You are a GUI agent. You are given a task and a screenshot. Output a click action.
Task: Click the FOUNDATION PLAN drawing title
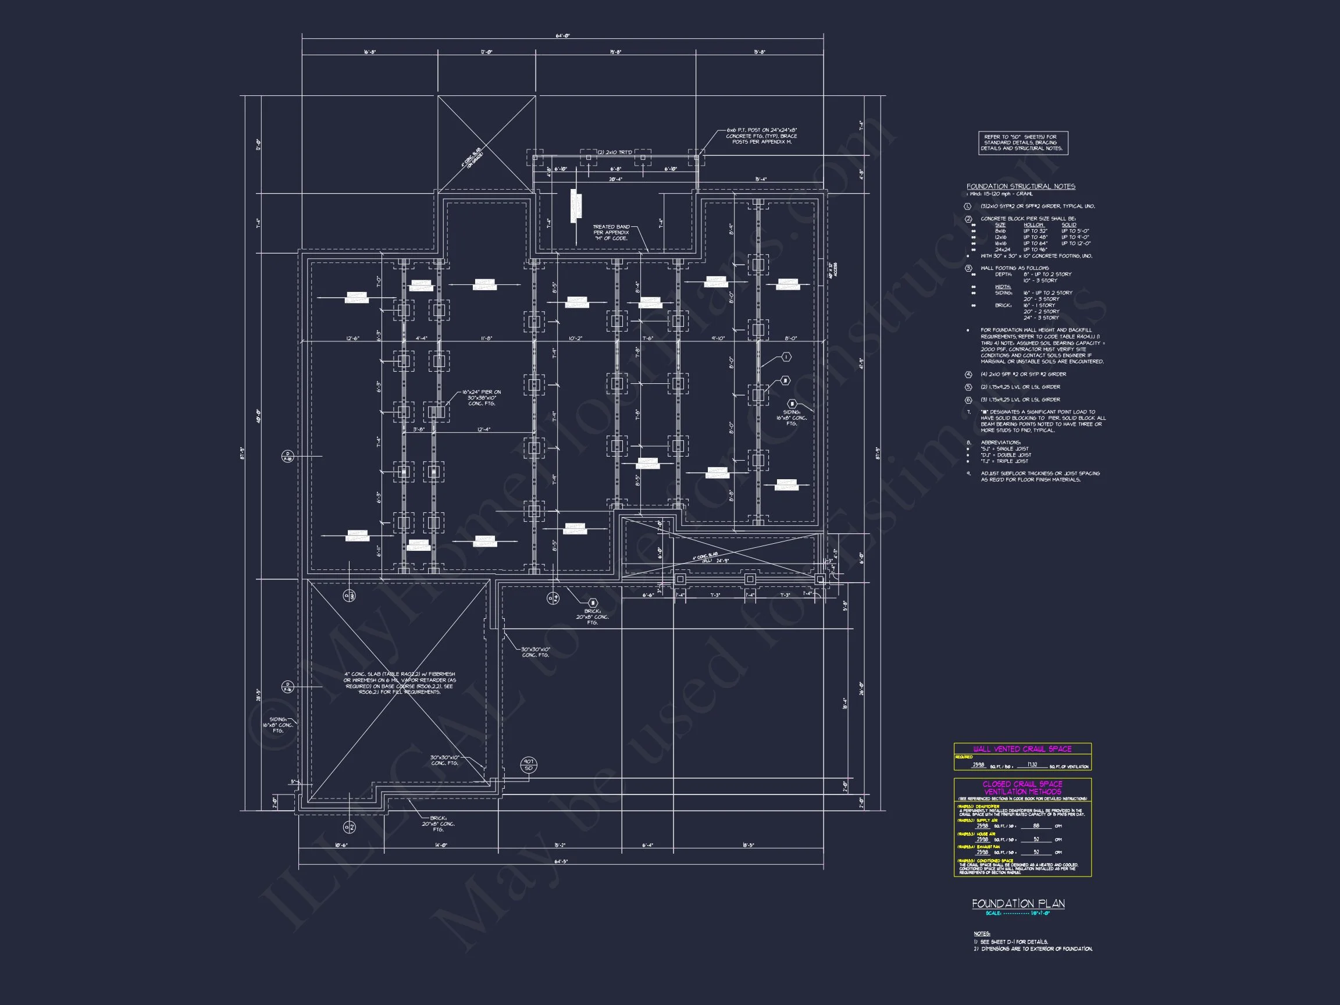[x=1018, y=903]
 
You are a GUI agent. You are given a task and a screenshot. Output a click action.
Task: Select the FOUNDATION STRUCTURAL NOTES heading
[x=1021, y=187]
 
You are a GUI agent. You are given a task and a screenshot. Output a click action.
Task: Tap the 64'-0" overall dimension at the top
[x=562, y=36]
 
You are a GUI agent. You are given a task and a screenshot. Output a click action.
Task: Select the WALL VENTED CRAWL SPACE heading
[x=1022, y=749]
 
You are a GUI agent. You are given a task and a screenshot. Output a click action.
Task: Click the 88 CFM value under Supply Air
[x=1036, y=826]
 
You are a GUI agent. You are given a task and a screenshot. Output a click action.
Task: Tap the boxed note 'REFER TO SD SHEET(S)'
[x=1022, y=143]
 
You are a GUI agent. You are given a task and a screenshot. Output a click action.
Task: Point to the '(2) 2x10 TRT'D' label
[x=614, y=152]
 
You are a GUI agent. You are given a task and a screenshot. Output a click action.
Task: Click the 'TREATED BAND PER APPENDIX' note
[x=611, y=233]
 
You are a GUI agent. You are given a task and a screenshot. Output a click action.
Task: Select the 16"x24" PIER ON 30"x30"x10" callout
[x=482, y=397]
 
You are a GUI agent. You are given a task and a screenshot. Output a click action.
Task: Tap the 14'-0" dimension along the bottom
[x=441, y=845]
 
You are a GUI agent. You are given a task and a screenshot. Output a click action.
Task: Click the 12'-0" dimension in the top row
[x=486, y=52]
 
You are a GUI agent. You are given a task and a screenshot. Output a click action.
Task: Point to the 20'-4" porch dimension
[x=615, y=179]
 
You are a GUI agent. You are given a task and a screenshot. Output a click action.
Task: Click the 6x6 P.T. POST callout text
[x=761, y=136]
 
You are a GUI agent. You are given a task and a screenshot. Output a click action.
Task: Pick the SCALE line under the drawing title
[x=1018, y=913]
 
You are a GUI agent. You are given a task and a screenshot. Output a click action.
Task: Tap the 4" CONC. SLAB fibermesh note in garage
[x=400, y=683]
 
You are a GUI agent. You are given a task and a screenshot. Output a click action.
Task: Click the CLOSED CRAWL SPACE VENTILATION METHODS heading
[x=1022, y=787]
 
